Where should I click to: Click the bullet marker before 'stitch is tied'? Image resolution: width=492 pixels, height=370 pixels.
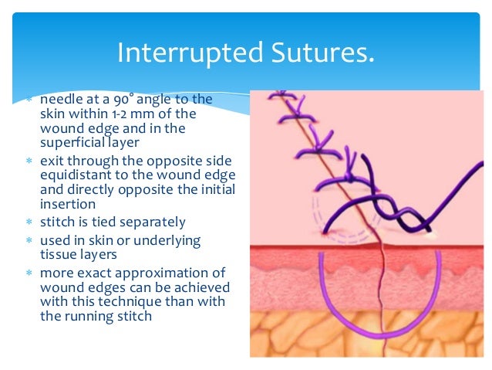tap(30, 223)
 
